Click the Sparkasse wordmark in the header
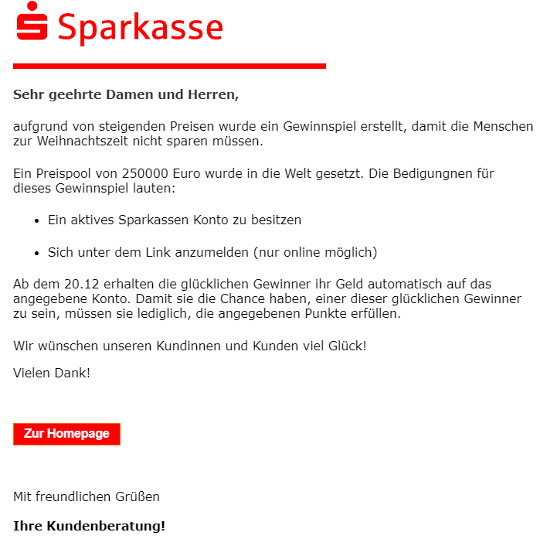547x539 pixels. click(x=140, y=28)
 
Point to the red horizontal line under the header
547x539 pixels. click(x=169, y=66)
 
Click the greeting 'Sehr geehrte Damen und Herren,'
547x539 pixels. click(x=126, y=95)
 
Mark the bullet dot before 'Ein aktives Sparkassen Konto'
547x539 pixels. click(x=36, y=220)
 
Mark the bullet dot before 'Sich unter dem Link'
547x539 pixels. click(x=36, y=253)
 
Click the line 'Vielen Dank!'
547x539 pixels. click(x=52, y=373)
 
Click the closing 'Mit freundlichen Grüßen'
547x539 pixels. click(x=87, y=496)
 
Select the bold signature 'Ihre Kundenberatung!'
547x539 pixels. click(x=89, y=526)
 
